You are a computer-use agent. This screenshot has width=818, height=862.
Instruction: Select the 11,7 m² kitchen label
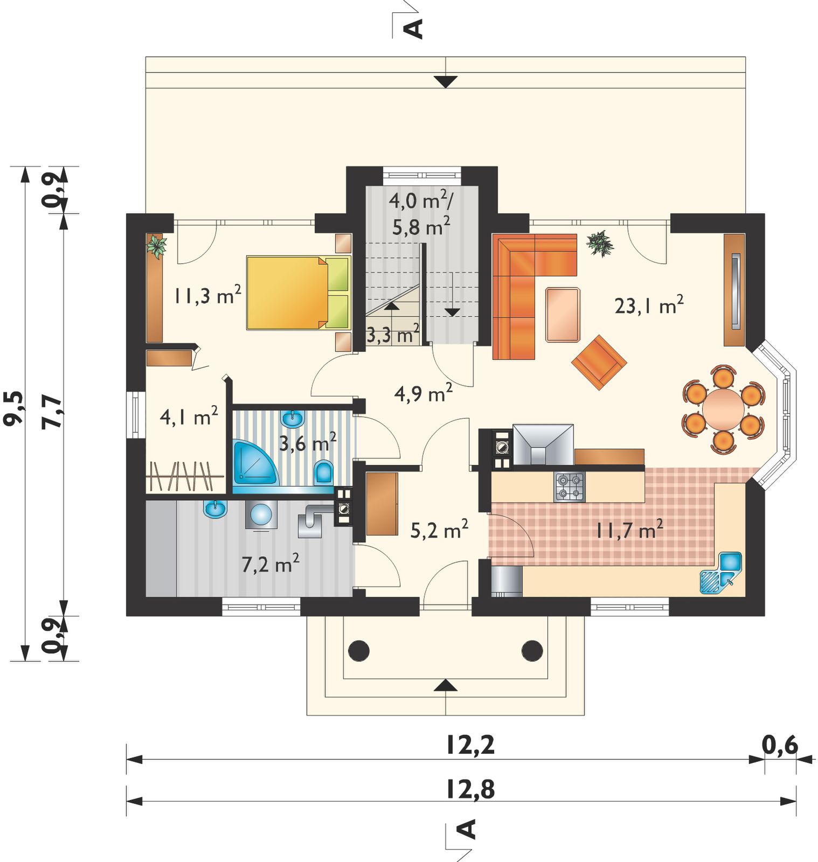tap(628, 530)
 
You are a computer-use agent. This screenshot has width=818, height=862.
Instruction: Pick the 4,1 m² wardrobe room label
tap(189, 416)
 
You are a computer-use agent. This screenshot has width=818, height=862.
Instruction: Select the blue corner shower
tap(255, 462)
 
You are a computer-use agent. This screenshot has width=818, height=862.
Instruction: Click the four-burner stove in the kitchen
tap(570, 486)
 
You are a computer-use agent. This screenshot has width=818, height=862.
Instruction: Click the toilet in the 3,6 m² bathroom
tap(323, 472)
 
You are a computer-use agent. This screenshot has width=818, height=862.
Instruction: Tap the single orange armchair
tap(599, 362)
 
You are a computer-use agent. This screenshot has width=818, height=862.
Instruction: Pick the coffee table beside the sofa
tap(563, 315)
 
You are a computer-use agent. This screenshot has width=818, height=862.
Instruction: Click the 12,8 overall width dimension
tap(470, 790)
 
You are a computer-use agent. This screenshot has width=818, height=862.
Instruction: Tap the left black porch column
tap(359, 651)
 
